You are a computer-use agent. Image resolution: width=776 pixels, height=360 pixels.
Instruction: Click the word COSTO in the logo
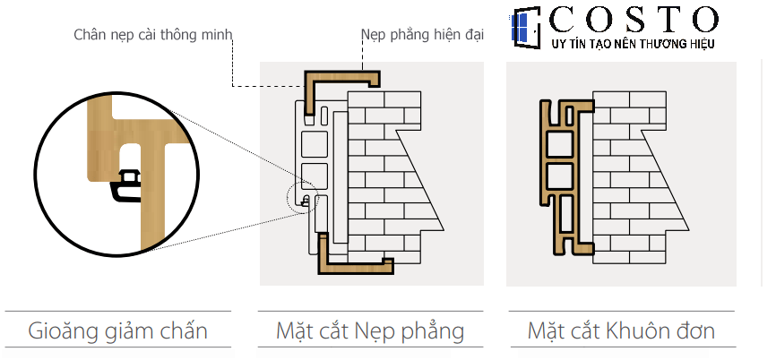[x=636, y=20]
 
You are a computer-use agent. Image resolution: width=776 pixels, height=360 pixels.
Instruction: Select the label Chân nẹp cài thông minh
[x=153, y=35]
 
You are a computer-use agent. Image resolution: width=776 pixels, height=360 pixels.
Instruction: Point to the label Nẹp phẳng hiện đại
[x=422, y=35]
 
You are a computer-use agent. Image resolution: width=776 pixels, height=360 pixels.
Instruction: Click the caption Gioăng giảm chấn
[x=118, y=331]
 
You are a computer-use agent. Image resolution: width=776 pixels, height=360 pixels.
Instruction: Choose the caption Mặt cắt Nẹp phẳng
[x=369, y=331]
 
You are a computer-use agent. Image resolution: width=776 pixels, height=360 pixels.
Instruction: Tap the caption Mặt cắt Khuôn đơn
[x=621, y=331]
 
